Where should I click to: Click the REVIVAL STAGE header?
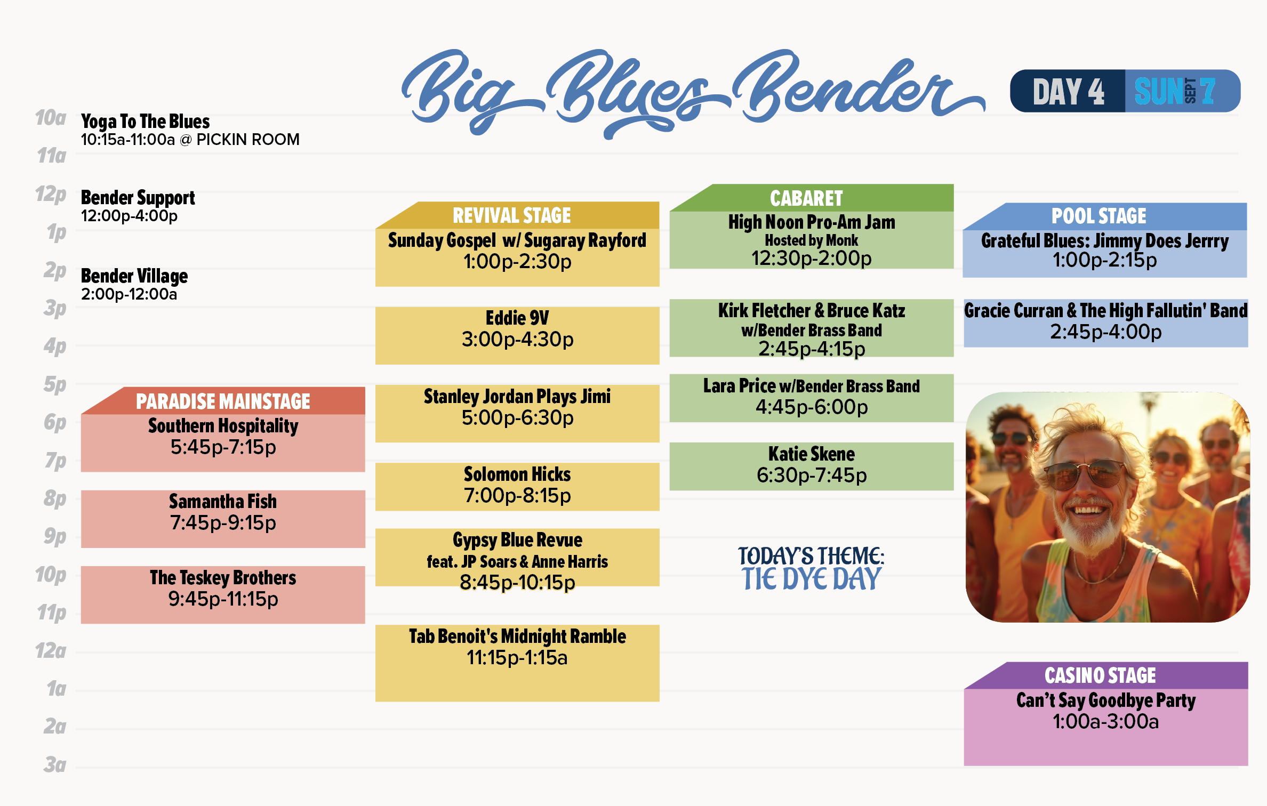tap(511, 215)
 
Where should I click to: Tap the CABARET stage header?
tap(806, 198)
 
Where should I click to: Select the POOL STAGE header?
tap(1098, 216)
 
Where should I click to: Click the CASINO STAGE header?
tap(1100, 675)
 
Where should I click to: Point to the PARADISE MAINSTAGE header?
tap(223, 401)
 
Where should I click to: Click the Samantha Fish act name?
tap(223, 502)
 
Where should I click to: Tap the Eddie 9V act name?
tap(517, 318)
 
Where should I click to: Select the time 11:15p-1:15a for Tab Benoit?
tap(517, 658)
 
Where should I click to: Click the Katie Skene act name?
tap(811, 454)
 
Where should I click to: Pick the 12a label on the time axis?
tap(51, 651)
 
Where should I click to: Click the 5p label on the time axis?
tap(55, 384)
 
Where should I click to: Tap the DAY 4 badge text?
tap(1068, 92)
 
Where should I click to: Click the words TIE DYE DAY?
tap(811, 579)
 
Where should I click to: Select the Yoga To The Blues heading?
tap(145, 122)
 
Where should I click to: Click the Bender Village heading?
tap(134, 276)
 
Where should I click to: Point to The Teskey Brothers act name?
tap(223, 578)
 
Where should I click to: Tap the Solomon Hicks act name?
tap(517, 474)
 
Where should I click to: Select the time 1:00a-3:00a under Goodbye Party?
tap(1105, 722)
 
